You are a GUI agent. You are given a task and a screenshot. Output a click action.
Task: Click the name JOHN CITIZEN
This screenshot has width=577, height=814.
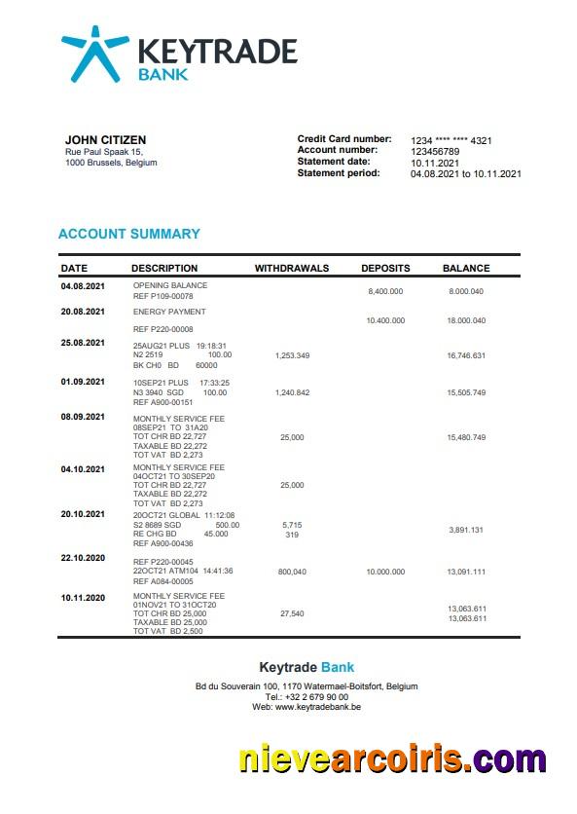tap(105, 140)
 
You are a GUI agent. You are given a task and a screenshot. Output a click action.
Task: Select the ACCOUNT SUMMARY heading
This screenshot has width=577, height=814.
tap(129, 234)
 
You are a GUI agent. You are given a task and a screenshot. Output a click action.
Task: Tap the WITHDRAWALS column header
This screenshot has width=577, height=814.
tap(292, 268)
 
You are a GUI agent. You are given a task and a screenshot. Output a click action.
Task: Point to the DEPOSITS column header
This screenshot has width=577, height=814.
tap(385, 268)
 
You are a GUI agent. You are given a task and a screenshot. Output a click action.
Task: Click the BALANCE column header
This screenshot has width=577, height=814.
tap(466, 268)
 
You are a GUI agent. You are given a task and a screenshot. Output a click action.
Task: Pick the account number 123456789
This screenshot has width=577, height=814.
tap(435, 151)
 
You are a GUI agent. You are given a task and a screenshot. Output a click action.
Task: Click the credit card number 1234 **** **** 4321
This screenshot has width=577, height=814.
tap(451, 140)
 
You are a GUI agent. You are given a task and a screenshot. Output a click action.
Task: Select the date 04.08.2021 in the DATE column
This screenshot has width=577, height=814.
tap(82, 286)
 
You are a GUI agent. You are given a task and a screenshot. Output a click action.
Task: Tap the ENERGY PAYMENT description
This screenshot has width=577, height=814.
tap(169, 312)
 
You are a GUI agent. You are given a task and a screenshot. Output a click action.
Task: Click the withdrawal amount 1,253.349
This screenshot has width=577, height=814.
tap(292, 356)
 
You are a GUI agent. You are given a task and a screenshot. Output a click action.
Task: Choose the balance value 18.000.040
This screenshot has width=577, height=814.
tap(466, 320)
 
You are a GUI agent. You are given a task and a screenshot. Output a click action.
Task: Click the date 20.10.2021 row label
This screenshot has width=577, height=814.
tap(82, 513)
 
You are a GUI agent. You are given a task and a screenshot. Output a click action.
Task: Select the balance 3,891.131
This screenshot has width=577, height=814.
tap(466, 530)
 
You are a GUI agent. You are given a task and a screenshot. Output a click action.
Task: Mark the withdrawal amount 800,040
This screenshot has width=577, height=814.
tap(292, 572)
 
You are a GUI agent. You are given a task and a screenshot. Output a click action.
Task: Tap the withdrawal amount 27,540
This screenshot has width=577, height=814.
tap(292, 613)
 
